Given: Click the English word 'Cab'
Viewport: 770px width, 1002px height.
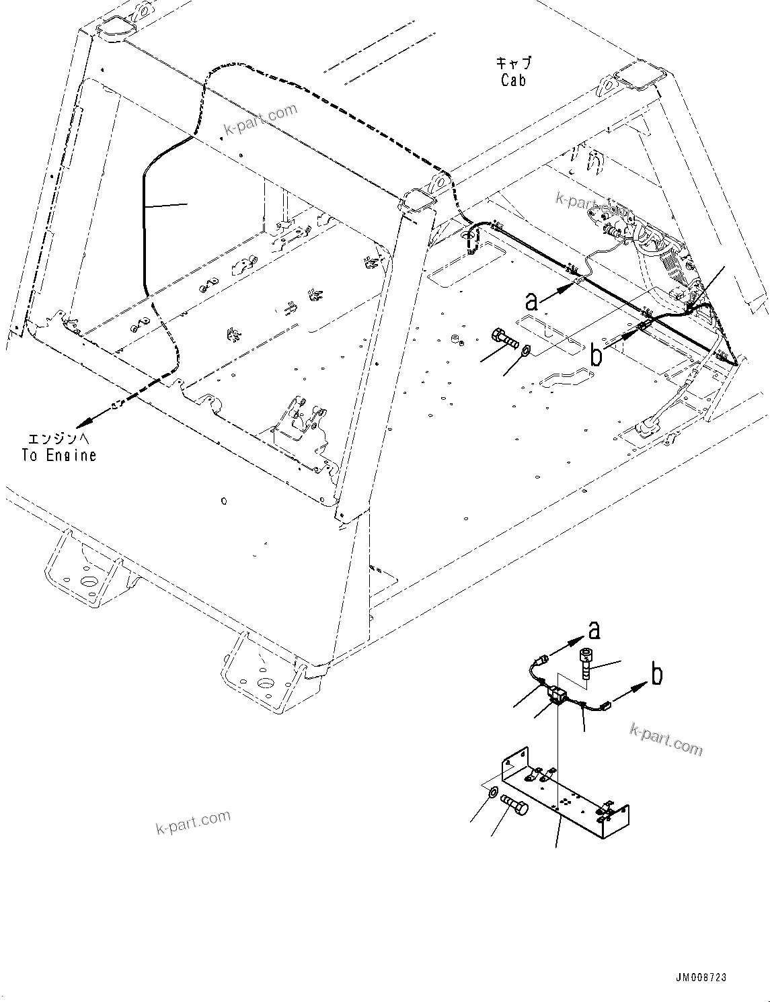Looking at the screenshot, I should (x=514, y=81).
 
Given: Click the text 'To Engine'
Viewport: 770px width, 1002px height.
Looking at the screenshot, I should (x=59, y=456).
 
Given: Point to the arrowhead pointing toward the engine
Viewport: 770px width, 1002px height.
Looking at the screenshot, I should (x=83, y=423).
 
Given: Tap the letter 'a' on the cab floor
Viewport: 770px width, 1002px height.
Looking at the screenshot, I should (x=532, y=301).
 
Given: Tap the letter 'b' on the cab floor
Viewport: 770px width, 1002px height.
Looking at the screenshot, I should (x=596, y=355).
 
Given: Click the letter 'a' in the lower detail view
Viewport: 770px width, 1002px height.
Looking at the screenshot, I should (x=594, y=630).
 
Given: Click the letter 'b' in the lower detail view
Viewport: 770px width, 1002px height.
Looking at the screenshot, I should (x=657, y=674).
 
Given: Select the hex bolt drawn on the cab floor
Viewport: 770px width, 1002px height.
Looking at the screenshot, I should (x=505, y=338).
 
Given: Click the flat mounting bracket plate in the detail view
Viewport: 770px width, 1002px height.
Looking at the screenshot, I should (x=565, y=800).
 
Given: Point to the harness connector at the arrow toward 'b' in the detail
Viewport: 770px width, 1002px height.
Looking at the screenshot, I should (x=607, y=705).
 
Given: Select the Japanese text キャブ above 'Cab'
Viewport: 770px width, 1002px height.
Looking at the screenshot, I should (x=514, y=64).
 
